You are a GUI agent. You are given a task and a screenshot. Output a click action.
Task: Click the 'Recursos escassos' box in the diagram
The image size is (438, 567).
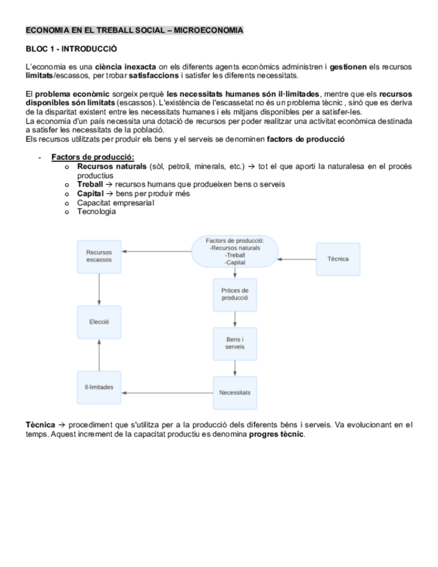click(x=99, y=256)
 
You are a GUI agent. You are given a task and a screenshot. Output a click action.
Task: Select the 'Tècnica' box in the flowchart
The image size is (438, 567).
click(x=338, y=259)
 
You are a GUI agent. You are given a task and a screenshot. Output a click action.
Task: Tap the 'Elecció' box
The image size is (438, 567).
click(x=99, y=322)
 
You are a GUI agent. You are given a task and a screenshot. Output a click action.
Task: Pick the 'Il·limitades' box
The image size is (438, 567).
click(x=99, y=388)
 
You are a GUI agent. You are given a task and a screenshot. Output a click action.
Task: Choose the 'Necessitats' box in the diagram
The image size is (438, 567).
click(x=235, y=392)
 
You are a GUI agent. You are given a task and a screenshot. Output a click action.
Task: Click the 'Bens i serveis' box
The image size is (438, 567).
click(x=235, y=344)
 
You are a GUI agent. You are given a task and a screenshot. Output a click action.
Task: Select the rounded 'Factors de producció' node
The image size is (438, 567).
click(x=235, y=251)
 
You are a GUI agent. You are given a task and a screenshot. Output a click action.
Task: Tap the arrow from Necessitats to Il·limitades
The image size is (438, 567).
click(x=167, y=392)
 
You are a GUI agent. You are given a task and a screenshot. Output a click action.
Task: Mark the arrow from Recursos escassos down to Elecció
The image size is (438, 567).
click(x=99, y=289)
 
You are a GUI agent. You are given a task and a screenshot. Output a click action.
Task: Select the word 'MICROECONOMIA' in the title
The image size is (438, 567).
click(x=213, y=31)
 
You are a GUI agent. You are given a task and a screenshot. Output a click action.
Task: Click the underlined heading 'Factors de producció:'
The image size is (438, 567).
click(x=93, y=157)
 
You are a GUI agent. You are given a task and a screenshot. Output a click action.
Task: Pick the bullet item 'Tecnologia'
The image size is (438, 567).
click(x=96, y=212)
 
